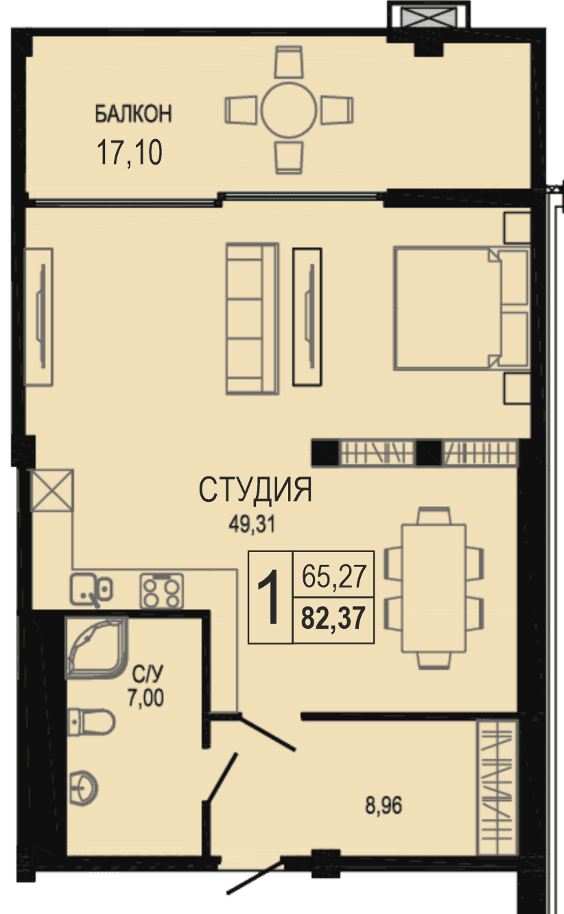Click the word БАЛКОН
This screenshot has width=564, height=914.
[134, 114]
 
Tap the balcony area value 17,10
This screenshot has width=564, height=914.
[130, 152]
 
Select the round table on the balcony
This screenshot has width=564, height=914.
[289, 110]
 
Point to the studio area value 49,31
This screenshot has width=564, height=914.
[252, 525]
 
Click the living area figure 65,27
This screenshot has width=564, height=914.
[333, 576]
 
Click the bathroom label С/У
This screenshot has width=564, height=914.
[147, 674]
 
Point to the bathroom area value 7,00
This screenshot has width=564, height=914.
[145, 697]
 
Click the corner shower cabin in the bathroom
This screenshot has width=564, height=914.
[96, 648]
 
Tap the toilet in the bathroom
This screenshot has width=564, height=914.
[91, 722]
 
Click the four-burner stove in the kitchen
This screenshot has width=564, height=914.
[162, 591]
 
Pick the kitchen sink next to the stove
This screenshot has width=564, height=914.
[91, 590]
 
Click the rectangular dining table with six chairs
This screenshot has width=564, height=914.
[434, 588]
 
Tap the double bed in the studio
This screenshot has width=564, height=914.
[462, 309]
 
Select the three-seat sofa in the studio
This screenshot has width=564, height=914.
[252, 319]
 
